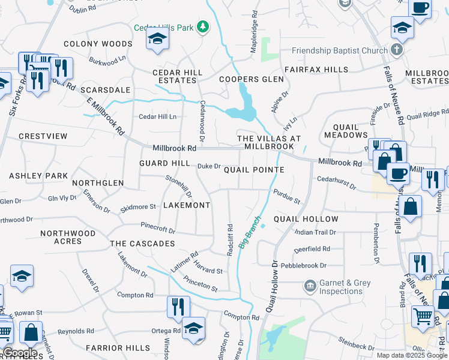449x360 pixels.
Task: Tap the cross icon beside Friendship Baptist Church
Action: coord(396,50)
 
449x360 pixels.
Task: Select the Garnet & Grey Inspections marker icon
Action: coord(310,284)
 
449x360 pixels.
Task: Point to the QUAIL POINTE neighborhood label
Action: coord(254,170)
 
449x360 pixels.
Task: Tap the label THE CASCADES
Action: coord(142,244)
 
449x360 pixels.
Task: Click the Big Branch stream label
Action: coord(250,232)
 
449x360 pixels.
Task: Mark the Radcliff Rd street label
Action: coord(230,238)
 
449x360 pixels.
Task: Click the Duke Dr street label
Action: coord(209,166)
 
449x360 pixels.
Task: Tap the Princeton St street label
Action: coord(201,284)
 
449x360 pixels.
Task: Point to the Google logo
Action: coord(20,353)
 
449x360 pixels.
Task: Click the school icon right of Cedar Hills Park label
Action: coord(157,38)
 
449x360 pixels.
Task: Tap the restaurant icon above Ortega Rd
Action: coord(178,307)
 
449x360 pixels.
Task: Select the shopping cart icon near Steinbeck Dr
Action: coord(423,316)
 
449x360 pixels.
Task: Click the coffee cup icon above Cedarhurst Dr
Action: coord(397,173)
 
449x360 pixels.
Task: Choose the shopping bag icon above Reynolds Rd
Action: coord(31,332)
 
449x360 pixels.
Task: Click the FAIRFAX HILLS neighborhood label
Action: coord(316,70)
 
